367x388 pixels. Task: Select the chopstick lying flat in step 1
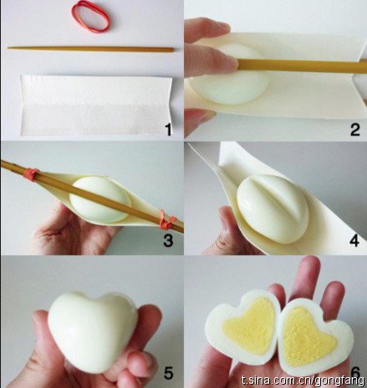[90, 49]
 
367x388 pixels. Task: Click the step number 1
[168, 129]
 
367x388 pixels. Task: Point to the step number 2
[354, 129]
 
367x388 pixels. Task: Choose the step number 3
[168, 240]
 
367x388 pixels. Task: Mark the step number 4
[354, 240]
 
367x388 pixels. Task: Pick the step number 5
[168, 373]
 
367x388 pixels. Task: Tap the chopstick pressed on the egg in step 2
[303, 66]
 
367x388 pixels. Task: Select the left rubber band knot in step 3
[31, 174]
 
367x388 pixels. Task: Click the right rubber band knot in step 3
[167, 220]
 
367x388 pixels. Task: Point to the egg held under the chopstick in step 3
[99, 199]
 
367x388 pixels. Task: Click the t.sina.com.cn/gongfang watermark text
[303, 380]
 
